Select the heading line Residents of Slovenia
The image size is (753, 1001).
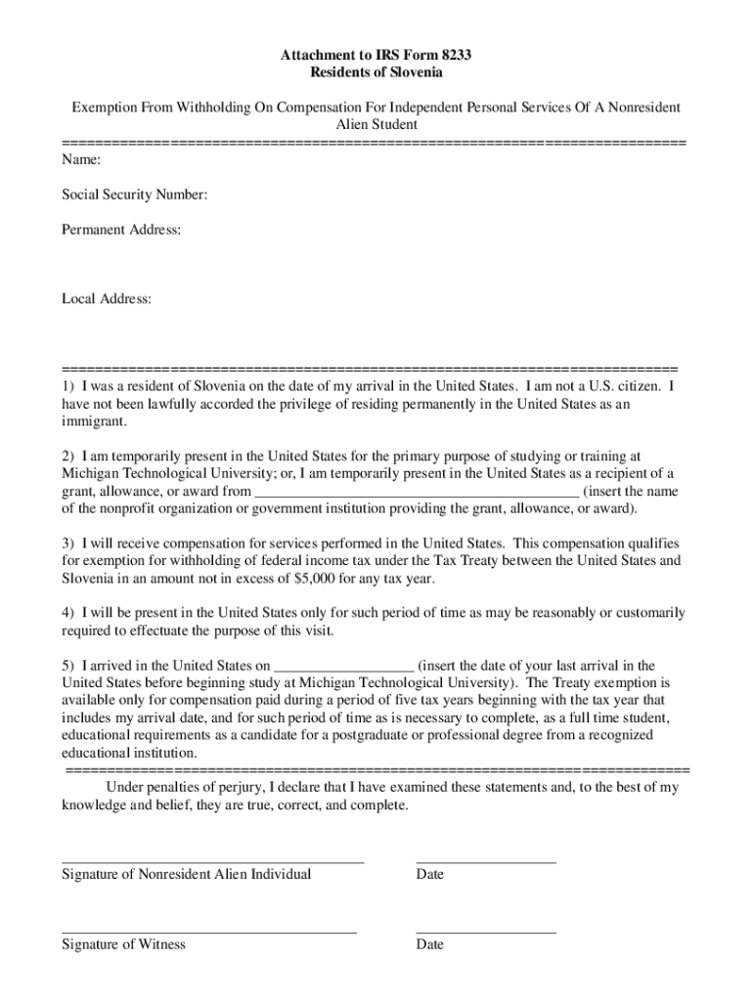click(x=376, y=72)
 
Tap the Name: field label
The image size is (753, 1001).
click(x=81, y=159)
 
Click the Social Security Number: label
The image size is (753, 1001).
click(x=134, y=196)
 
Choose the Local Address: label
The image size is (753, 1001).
click(x=107, y=299)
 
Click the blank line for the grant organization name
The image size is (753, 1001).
click(x=417, y=493)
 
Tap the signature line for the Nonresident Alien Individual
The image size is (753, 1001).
click(x=212, y=861)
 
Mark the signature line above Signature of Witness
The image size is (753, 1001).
click(x=208, y=932)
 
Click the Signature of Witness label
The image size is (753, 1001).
click(x=123, y=944)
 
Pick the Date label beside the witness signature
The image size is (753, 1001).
click(x=429, y=944)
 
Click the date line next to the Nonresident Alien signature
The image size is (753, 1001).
click(x=486, y=861)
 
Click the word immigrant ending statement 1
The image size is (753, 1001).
click(x=94, y=421)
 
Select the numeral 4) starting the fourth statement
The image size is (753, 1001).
click(x=68, y=613)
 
